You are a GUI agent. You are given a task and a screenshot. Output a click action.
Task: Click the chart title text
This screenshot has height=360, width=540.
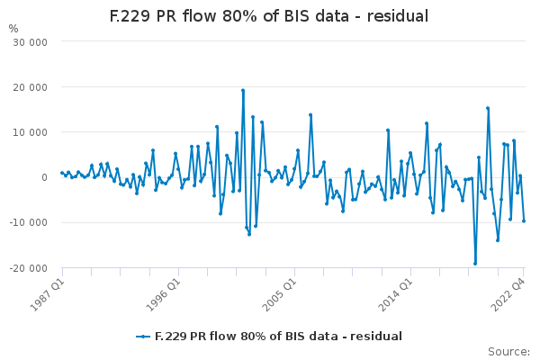click(269, 16)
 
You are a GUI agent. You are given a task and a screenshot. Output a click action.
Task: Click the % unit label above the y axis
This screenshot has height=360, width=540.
click(13, 29)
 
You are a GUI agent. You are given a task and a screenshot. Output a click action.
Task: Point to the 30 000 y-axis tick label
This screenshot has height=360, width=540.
click(30, 42)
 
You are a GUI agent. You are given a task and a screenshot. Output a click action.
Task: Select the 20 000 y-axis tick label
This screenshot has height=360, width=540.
click(30, 87)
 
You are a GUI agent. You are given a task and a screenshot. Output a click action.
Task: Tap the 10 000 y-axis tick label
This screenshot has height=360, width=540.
click(30, 132)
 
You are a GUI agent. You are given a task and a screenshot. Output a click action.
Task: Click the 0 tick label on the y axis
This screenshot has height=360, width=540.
click(44, 178)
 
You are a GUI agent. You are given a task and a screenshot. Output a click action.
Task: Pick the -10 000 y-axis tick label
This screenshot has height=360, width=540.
click(28, 223)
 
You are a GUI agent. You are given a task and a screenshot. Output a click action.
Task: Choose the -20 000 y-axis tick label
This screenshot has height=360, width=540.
click(28, 268)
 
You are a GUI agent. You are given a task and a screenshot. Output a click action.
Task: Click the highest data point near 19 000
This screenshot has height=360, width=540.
click(243, 91)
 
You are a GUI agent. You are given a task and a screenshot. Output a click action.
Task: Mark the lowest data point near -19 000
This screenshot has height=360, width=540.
click(475, 264)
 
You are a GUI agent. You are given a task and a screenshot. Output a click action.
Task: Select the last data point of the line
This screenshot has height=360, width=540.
click(524, 221)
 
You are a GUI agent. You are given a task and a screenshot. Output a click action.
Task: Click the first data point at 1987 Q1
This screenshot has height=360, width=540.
click(62, 173)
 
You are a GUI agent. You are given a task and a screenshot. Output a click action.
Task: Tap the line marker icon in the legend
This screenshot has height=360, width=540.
click(143, 337)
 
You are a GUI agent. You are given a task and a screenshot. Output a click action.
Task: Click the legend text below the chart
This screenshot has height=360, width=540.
click(278, 337)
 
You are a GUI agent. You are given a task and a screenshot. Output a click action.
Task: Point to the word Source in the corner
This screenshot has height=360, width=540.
click(508, 352)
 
